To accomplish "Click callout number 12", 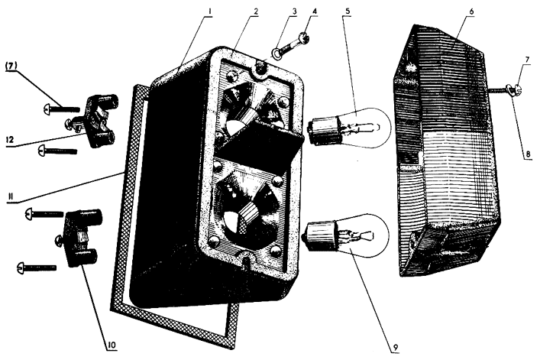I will click(12, 141).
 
